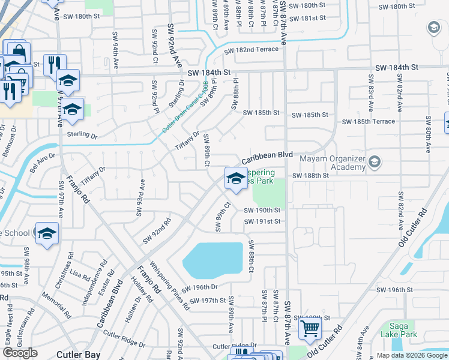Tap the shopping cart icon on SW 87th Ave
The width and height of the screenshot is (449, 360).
coord(310,328)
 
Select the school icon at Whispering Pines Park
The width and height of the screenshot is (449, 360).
coord(235,178)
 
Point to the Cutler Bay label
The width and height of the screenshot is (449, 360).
coord(78,354)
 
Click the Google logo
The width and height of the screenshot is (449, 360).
coord(20,353)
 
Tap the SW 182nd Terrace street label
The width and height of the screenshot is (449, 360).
coord(252,50)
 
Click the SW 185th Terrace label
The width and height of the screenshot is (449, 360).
coord(369,122)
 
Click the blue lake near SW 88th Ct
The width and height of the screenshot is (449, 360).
coord(213,258)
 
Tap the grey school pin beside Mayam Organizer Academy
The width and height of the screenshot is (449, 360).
coord(375,162)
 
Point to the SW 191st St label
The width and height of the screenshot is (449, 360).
coord(262,221)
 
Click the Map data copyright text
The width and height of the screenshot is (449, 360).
coord(412,355)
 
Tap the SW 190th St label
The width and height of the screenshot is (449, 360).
coord(262,211)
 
